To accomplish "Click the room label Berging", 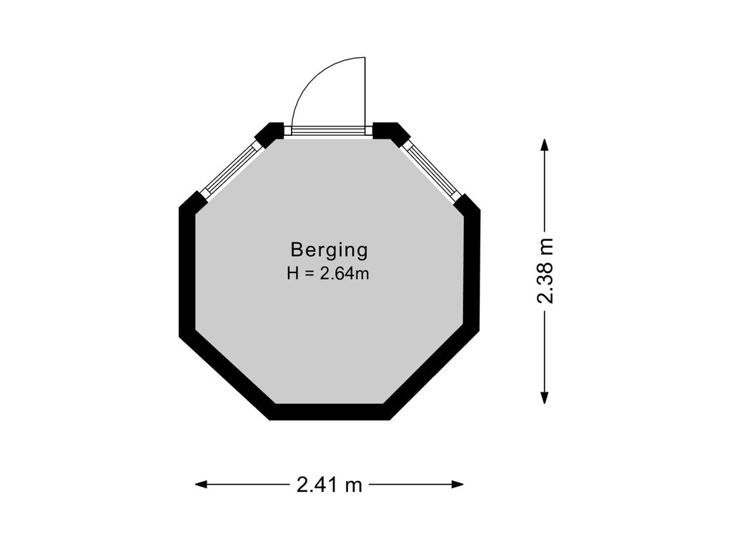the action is click(x=329, y=250).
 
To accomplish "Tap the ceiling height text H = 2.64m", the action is click(x=328, y=273).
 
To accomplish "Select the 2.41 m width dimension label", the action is click(x=329, y=485).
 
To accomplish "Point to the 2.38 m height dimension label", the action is click(x=545, y=271).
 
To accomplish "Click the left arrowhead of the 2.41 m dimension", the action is click(x=201, y=485).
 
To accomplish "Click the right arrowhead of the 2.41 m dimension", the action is click(x=457, y=485).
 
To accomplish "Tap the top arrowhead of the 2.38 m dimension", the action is click(x=544, y=144).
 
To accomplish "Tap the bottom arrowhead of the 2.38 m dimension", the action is click(x=544, y=397).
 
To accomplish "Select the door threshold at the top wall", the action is click(x=328, y=131).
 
